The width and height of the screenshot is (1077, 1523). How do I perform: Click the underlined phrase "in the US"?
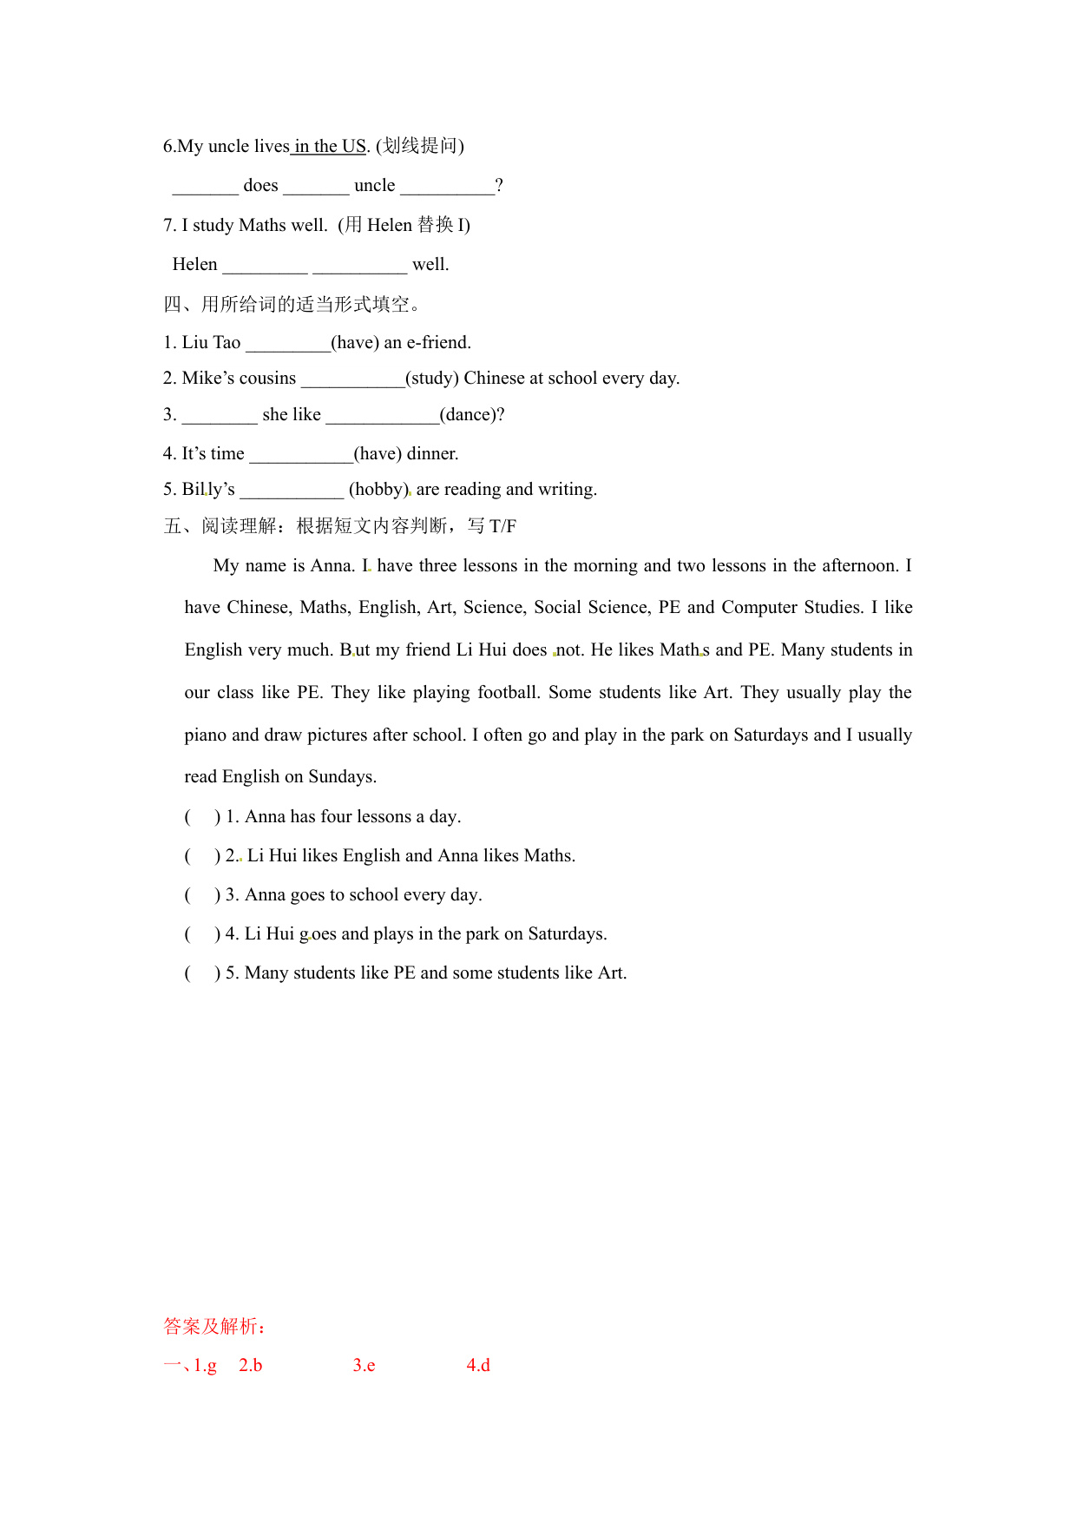[x=330, y=146]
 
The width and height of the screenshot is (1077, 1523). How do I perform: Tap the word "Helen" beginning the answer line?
[x=194, y=265]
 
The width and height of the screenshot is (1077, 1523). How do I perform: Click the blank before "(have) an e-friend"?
[x=287, y=343]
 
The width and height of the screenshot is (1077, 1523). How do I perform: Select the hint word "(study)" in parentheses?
[x=432, y=379]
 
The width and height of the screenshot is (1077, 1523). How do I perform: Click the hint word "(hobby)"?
[x=378, y=490]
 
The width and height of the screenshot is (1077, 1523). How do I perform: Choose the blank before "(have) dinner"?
[x=300, y=454]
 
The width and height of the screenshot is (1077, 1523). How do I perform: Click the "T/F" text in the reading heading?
[x=502, y=526]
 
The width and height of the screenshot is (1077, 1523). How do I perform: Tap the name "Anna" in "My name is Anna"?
[x=331, y=566]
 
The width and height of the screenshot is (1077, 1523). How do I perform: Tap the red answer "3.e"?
[x=364, y=1366]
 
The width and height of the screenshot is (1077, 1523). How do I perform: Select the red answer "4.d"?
[x=478, y=1366]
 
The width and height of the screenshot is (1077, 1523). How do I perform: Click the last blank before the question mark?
[x=447, y=186]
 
